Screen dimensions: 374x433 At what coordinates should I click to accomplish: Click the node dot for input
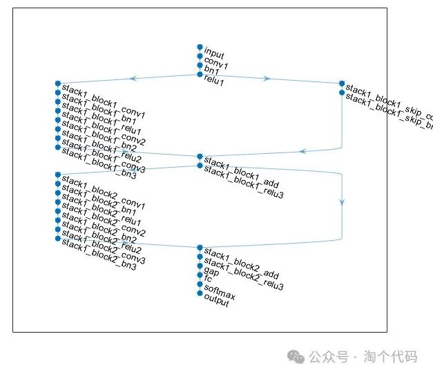[x=200, y=47]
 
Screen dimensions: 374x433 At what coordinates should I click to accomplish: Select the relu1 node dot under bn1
[x=200, y=74]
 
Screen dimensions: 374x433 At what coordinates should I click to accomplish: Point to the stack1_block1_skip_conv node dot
[x=342, y=83]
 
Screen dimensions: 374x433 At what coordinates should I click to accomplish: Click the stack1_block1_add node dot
[x=200, y=157]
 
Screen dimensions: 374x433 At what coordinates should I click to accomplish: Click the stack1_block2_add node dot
[x=200, y=248]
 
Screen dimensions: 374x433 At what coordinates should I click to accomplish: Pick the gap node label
[x=212, y=271]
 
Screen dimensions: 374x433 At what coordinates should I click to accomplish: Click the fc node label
[x=208, y=279]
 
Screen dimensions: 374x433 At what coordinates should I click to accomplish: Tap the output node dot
[x=200, y=293]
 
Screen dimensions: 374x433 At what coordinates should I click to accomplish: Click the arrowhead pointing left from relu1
[x=133, y=79]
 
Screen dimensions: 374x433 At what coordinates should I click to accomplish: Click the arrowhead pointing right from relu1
[x=267, y=79]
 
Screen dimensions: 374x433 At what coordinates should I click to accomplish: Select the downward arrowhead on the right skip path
[x=342, y=201]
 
